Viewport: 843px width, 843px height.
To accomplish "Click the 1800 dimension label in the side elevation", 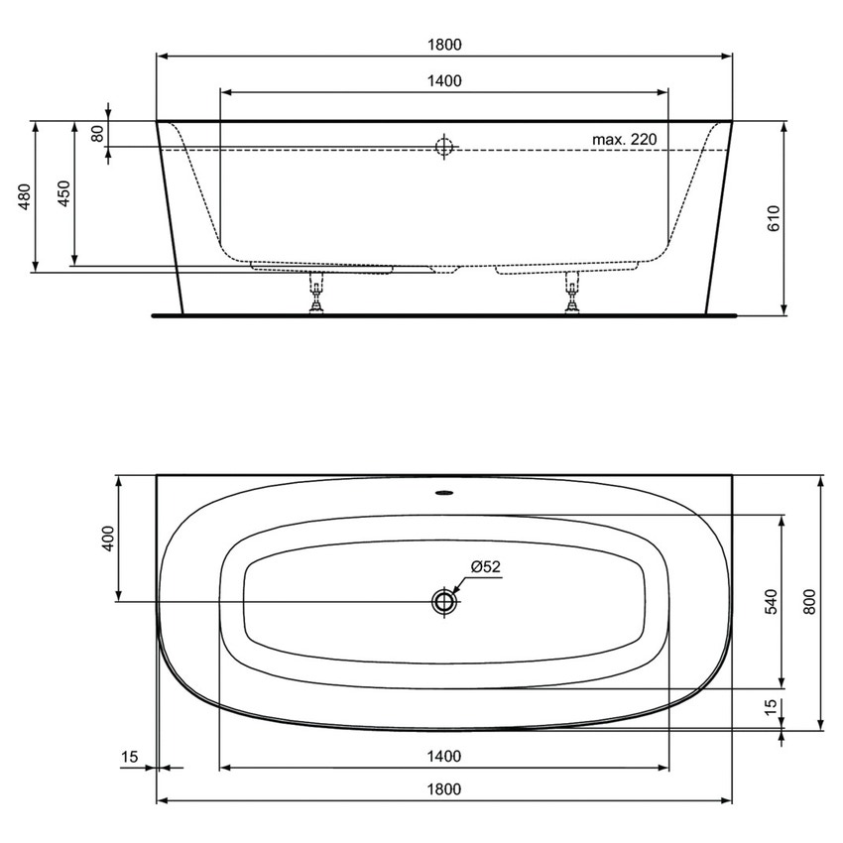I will point(445,45).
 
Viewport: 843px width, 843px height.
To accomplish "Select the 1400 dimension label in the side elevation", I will point(445,81).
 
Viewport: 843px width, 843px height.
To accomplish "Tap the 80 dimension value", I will point(97,133).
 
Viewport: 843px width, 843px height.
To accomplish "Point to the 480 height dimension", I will point(26,197).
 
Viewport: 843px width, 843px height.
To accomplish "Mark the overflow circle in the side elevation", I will point(443,148).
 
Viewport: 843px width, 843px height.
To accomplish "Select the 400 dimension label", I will point(109,539).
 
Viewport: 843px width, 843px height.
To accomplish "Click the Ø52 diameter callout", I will point(486,566).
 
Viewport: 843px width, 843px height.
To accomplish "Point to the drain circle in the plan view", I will point(443,601).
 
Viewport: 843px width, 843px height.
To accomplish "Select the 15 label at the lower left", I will point(129,757).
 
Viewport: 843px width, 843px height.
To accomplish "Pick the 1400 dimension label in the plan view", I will point(445,757).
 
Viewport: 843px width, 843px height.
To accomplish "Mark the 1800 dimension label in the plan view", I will point(445,789).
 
